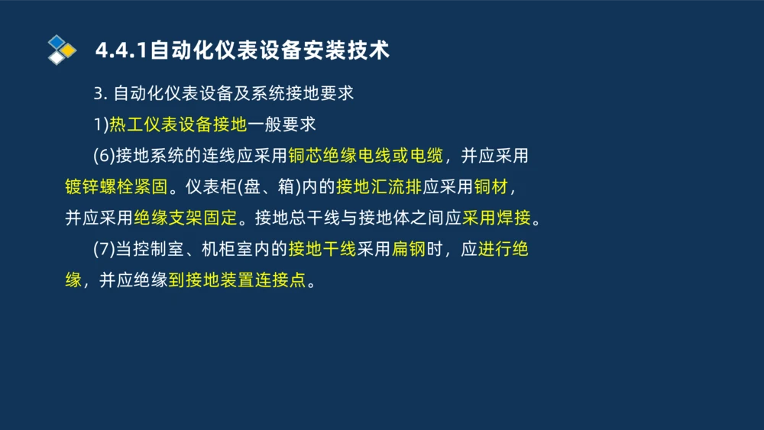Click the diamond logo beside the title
62,50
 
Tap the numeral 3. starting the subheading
100,94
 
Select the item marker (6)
104,156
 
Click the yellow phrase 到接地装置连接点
237,280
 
